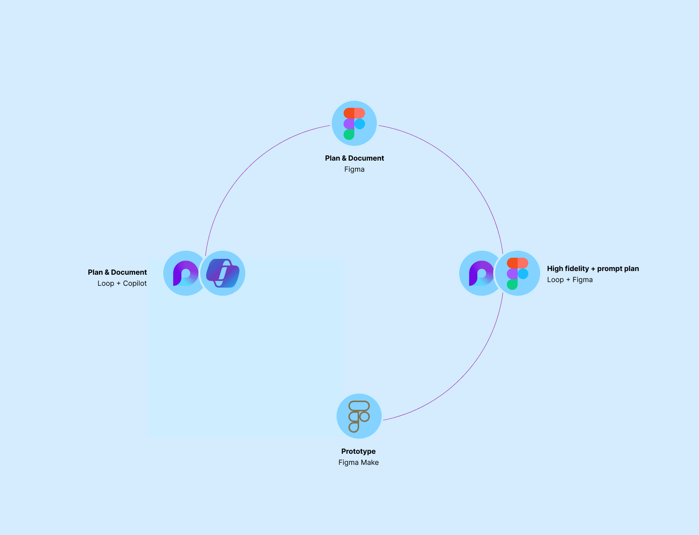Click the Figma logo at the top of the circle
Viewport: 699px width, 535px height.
(x=354, y=123)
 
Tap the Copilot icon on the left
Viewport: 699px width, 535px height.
(x=222, y=273)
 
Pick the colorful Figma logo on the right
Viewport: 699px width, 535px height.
(x=517, y=273)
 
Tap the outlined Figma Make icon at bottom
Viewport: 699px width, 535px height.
(x=359, y=416)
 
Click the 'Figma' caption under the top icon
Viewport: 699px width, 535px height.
(x=354, y=169)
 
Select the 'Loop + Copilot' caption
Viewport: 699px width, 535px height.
(x=122, y=284)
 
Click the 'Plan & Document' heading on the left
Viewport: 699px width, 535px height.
(x=117, y=272)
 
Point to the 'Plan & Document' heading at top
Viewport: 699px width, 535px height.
(x=354, y=158)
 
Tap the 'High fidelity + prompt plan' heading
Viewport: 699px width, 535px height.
(x=593, y=269)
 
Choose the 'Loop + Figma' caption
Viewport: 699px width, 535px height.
(x=570, y=280)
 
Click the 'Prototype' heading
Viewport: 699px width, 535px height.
(x=358, y=452)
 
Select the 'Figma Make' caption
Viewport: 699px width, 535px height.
(x=358, y=463)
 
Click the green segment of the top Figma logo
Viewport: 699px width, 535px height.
(x=349, y=134)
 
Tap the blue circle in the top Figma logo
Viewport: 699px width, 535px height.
(x=360, y=124)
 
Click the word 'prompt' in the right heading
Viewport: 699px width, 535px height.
(x=608, y=269)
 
